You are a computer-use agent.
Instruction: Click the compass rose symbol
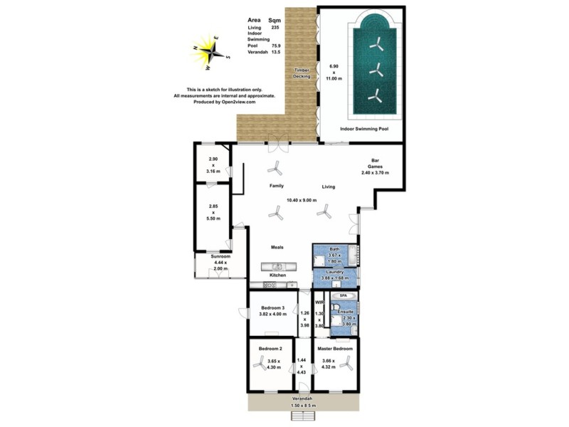[211, 51]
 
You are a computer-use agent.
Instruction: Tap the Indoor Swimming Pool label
[363, 130]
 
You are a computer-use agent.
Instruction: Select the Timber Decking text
[302, 73]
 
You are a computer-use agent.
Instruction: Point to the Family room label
[277, 186]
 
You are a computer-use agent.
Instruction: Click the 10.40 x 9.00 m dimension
[310, 200]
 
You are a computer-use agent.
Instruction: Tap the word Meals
[277, 247]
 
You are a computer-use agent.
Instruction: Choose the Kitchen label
[277, 275]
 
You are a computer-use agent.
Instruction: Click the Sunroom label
[220, 255]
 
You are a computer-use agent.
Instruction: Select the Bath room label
[334, 249]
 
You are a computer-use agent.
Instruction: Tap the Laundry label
[335, 272]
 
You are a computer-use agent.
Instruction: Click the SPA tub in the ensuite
[343, 295]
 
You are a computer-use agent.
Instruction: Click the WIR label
[319, 302]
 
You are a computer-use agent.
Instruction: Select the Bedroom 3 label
[272, 308]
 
